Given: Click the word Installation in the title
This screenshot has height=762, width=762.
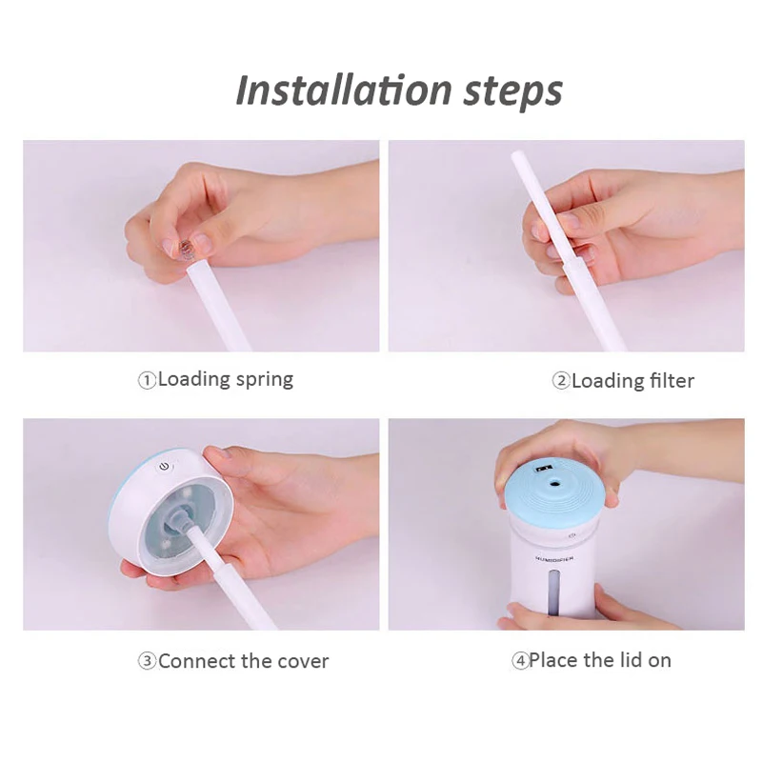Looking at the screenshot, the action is coord(344,90).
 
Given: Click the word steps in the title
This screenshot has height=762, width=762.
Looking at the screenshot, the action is coord(512,92).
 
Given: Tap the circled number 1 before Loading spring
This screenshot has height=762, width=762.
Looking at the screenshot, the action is coord(147,380).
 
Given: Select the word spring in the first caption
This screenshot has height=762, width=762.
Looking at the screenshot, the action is coord(265,380).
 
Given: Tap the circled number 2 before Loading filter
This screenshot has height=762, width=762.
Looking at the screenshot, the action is coord(561,380).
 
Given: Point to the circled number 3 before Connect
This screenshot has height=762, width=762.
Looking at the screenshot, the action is coord(147,661).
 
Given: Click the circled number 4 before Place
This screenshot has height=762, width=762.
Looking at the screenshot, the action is coord(520,661).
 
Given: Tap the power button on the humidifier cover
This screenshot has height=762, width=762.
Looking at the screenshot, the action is coord(164,467).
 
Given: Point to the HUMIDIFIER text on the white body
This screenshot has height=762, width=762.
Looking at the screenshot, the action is coord(554,559).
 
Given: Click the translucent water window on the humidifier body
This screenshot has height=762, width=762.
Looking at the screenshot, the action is coord(553,592).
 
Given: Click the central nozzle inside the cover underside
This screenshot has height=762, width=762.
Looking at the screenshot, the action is coord(179,520).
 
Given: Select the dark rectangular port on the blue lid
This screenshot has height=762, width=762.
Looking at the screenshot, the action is coord(541,469).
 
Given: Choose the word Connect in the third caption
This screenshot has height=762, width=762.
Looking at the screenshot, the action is coord(197,661).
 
